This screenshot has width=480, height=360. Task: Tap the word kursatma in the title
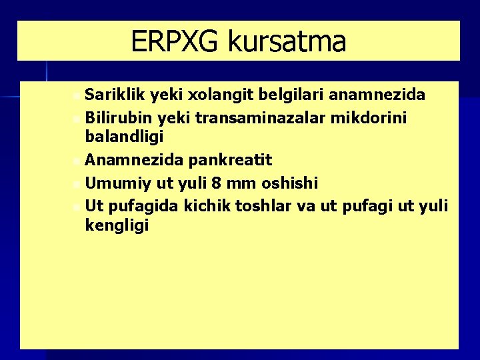[x=287, y=41]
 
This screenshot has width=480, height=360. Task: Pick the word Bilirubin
[x=120, y=117]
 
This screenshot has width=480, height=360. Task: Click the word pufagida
[x=141, y=205]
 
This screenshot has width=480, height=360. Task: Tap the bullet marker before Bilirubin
[x=78, y=119]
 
